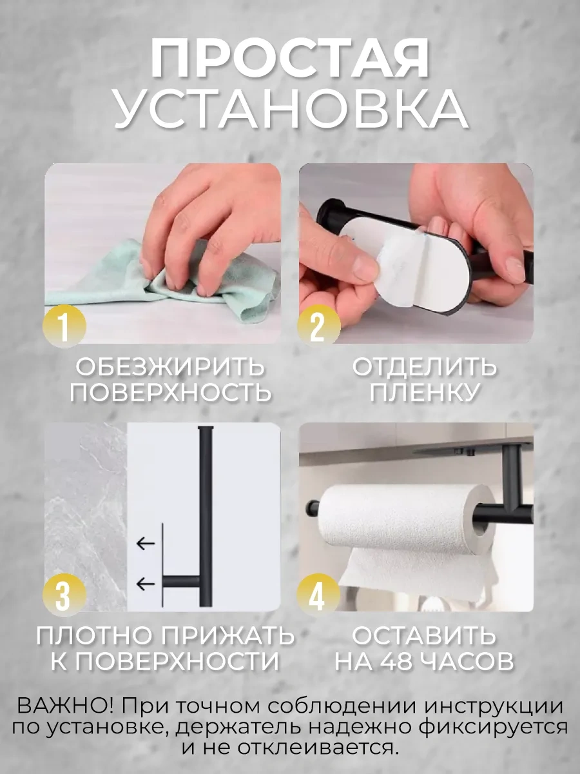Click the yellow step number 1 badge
tap(64, 327)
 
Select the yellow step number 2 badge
tap(319, 327)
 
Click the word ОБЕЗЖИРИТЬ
tap(170, 367)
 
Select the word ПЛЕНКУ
tap(425, 392)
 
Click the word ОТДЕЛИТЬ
tap(425, 367)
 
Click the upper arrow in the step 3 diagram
tap(146, 543)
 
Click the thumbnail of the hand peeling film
tap(416, 253)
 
